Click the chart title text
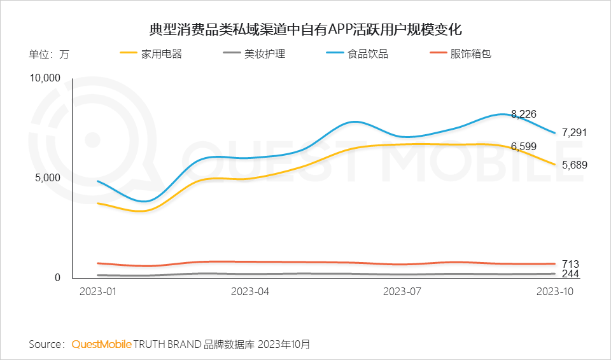pyautogui.click(x=305, y=29)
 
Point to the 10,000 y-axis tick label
pyautogui.click(x=45, y=78)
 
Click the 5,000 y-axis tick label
pyautogui.click(x=48, y=177)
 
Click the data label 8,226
pyautogui.click(x=524, y=114)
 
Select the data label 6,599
pyautogui.click(x=524, y=146)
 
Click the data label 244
pyautogui.click(x=570, y=274)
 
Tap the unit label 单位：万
pyautogui.click(x=49, y=54)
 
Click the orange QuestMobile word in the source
pyautogui.click(x=102, y=344)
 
